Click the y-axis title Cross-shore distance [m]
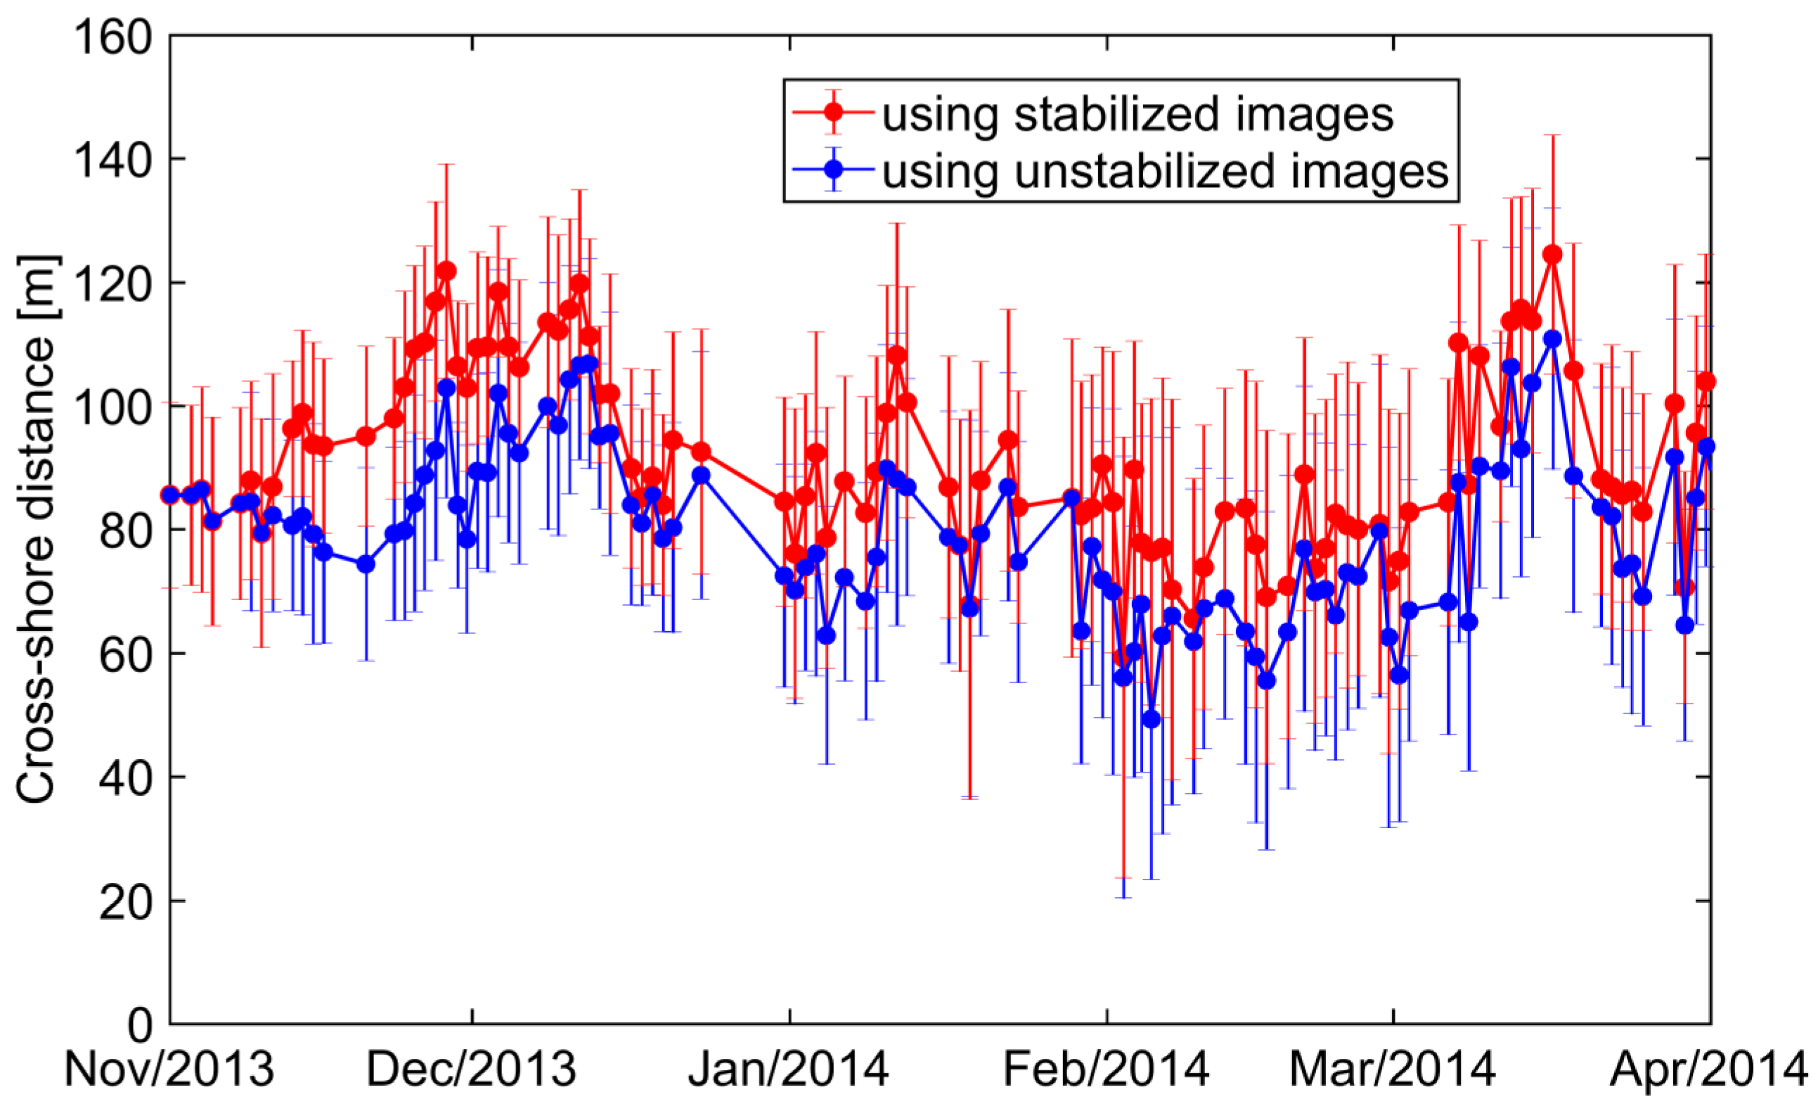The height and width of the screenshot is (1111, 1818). (x=37, y=529)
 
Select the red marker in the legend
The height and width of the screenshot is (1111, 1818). (x=834, y=112)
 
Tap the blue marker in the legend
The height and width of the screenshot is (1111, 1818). (x=834, y=169)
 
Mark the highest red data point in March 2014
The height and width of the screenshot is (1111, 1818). (x=1552, y=254)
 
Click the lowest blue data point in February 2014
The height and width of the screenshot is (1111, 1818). (x=1151, y=719)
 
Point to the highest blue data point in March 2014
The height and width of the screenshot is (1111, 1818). (x=1552, y=339)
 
